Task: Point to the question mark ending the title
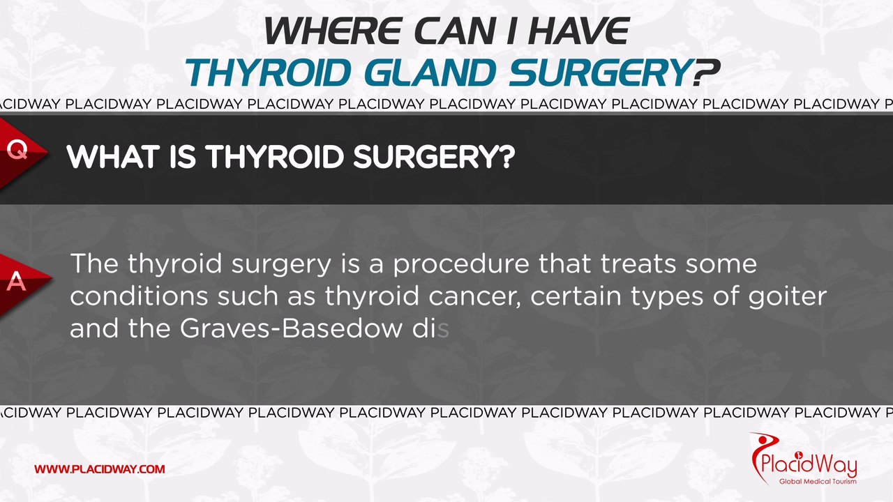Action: [706, 72]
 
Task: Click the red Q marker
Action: [17, 150]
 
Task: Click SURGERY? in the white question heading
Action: [433, 158]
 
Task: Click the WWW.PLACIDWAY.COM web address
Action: [100, 469]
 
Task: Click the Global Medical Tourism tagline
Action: [813, 481]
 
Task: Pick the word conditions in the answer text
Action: [139, 296]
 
